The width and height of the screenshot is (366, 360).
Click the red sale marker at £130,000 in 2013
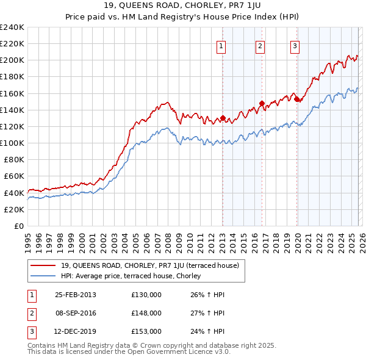(x=223, y=118)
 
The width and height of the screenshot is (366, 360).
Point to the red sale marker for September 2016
(x=262, y=103)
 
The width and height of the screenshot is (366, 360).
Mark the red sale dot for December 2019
(x=297, y=99)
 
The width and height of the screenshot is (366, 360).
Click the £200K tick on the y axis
(x=12, y=60)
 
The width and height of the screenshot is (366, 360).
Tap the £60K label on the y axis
(x=14, y=176)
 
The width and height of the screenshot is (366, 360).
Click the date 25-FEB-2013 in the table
(x=75, y=295)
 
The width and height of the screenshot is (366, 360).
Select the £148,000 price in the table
(x=146, y=313)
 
